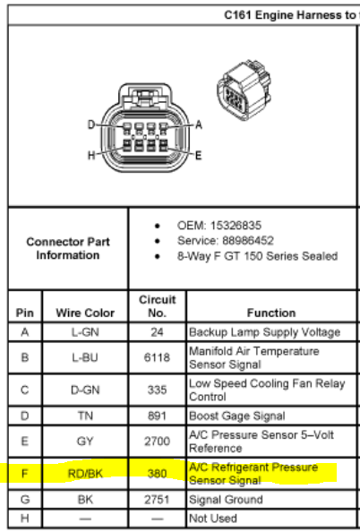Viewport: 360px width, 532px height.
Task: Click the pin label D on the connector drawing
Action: pyautogui.click(x=91, y=124)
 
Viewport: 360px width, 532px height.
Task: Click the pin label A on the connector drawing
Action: pyautogui.click(x=199, y=124)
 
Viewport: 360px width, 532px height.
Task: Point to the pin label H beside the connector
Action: pyautogui.click(x=91, y=155)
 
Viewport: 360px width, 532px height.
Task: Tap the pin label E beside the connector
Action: pyautogui.click(x=199, y=156)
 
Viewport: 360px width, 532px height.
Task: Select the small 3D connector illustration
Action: pyautogui.click(x=244, y=90)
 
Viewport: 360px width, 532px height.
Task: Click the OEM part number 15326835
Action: pyautogui.click(x=236, y=226)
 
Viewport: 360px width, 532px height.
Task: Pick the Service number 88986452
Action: pyautogui.click(x=248, y=241)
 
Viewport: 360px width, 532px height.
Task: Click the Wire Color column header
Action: pyautogui.click(x=85, y=313)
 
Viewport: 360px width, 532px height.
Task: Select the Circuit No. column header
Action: pyautogui.click(x=157, y=305)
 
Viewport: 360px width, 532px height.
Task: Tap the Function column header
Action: pyautogui.click(x=271, y=313)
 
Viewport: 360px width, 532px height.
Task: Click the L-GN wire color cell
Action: pyautogui.click(x=85, y=331)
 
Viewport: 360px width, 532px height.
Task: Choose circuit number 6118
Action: pyautogui.click(x=157, y=357)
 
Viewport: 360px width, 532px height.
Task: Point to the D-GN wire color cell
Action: pyautogui.click(x=85, y=390)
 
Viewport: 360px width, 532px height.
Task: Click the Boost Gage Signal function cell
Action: pyautogui.click(x=236, y=416)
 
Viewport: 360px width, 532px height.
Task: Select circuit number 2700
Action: pyautogui.click(x=157, y=441)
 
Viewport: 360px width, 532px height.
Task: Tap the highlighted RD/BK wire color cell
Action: pyautogui.click(x=85, y=473)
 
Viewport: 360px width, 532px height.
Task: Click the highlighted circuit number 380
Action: pyautogui.click(x=157, y=473)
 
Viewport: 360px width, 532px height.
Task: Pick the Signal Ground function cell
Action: pyautogui.click(x=226, y=500)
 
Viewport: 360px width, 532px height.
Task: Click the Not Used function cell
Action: pyautogui.click(x=213, y=519)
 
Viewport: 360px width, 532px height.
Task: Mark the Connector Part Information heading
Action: pyautogui.click(x=68, y=248)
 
